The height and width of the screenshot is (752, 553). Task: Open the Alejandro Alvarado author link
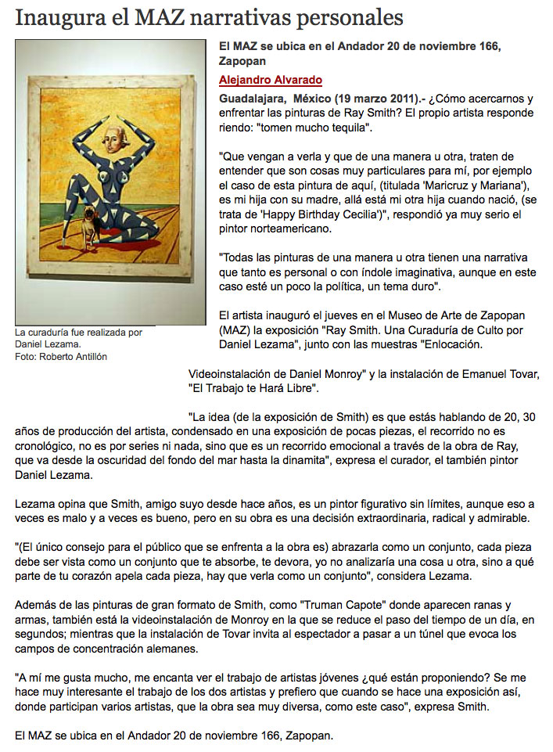tap(271, 81)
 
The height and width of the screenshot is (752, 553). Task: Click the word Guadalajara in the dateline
tap(253, 99)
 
